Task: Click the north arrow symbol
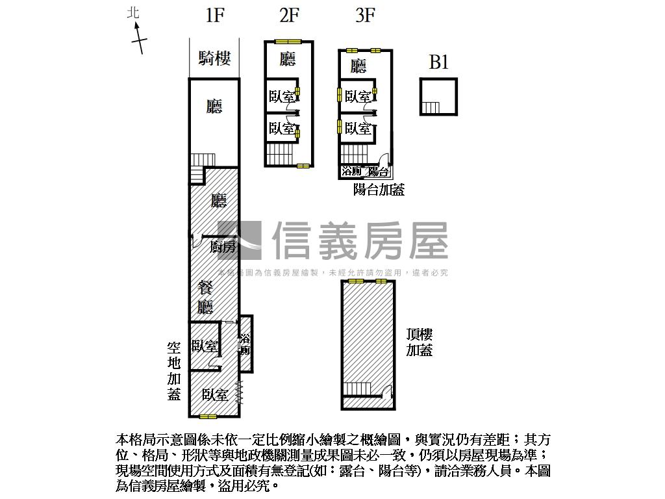tap(138, 38)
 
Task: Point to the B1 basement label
tap(439, 62)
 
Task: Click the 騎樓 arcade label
tap(214, 58)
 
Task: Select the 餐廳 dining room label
tap(206, 298)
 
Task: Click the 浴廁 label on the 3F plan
tap(351, 172)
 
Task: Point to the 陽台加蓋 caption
tap(379, 190)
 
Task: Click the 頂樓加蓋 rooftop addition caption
tap(420, 342)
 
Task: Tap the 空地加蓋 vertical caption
tap(174, 371)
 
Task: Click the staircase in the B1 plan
tap(431, 108)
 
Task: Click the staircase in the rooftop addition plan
tap(357, 389)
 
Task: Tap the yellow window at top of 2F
tap(286, 42)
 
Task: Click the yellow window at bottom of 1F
tap(208, 416)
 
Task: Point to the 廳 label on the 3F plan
tap(358, 66)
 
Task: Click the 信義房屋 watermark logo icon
tap(240, 241)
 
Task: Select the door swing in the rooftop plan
tap(387, 392)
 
